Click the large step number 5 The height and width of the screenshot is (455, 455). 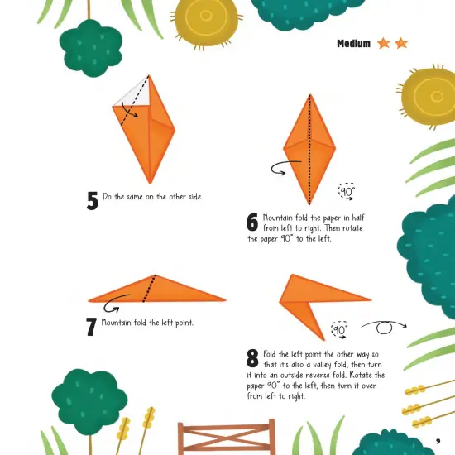point(92,200)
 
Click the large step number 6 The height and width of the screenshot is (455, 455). point(252,222)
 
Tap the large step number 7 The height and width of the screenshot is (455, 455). point(91,326)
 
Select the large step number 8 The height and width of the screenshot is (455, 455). point(252,358)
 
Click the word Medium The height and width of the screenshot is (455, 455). point(353,43)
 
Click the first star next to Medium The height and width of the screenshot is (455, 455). point(384,43)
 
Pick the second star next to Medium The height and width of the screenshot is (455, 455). point(401,43)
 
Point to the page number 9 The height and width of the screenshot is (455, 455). point(438,441)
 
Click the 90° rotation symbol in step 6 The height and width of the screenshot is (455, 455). point(346,192)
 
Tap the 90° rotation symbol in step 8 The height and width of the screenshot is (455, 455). point(339,330)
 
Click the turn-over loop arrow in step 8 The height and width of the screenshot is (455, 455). point(385,327)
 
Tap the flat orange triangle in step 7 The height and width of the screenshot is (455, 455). point(157,290)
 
